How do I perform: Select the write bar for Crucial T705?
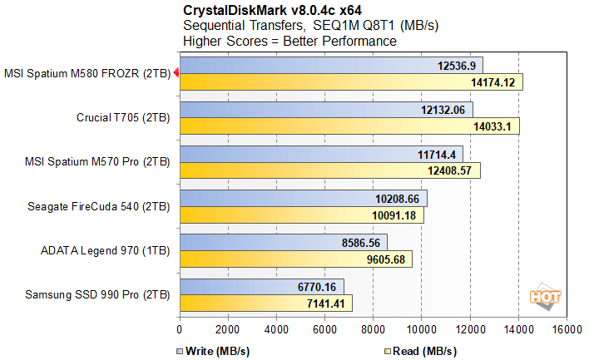tap(324, 110)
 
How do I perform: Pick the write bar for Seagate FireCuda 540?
tap(302, 198)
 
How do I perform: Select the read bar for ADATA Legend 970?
tap(295, 259)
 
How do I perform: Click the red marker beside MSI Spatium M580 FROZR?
tap(176, 73)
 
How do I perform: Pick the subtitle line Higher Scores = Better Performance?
tap(290, 41)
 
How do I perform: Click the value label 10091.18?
tap(396, 215)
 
